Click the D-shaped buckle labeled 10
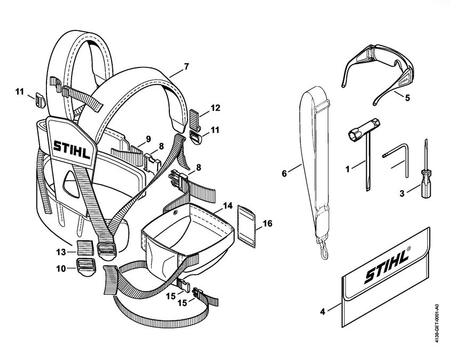tap(84, 266)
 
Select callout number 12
tap(215, 108)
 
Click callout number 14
tap(228, 205)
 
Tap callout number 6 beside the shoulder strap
tap(285, 173)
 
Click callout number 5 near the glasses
tap(407, 98)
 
